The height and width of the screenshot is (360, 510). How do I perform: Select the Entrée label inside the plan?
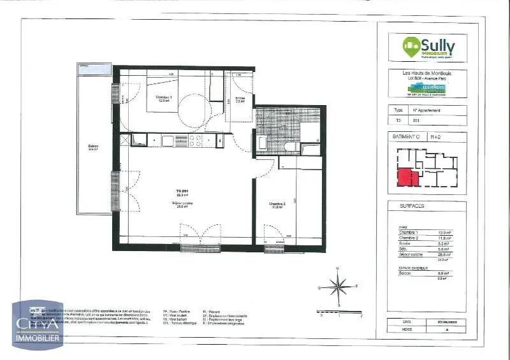tap(240, 99)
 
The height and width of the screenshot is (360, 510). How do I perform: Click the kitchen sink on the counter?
tap(171, 140)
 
